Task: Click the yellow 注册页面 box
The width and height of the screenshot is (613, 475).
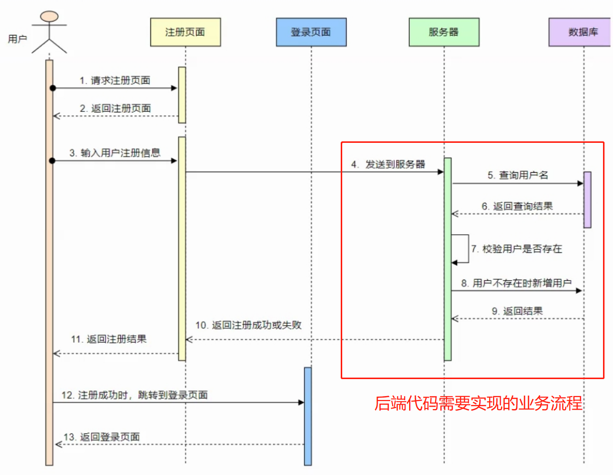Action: click(185, 32)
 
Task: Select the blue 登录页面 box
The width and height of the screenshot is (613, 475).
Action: click(311, 32)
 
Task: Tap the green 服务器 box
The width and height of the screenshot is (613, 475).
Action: click(444, 32)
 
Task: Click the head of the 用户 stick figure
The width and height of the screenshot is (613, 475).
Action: click(49, 15)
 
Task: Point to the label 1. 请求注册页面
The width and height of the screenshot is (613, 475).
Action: click(115, 80)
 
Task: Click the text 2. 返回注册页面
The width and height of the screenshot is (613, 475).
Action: click(115, 108)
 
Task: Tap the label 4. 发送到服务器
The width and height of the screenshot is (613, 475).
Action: click(388, 164)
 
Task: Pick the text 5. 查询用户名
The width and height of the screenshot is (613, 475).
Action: click(518, 175)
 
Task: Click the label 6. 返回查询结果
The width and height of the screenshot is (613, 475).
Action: click(517, 206)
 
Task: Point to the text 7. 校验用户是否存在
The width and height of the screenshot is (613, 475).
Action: click(516, 249)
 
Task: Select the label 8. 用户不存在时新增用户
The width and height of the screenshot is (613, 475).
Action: click(516, 283)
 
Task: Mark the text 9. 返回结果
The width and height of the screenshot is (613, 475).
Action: click(517, 311)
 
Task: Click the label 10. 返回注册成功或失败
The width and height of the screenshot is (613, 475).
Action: click(248, 325)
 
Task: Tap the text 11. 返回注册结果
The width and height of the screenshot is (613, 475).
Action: click(109, 339)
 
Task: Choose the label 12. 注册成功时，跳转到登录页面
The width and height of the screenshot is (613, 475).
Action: click(134, 395)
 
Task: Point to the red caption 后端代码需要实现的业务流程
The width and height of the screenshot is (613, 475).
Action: click(479, 403)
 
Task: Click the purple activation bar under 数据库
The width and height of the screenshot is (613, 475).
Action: click(587, 200)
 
